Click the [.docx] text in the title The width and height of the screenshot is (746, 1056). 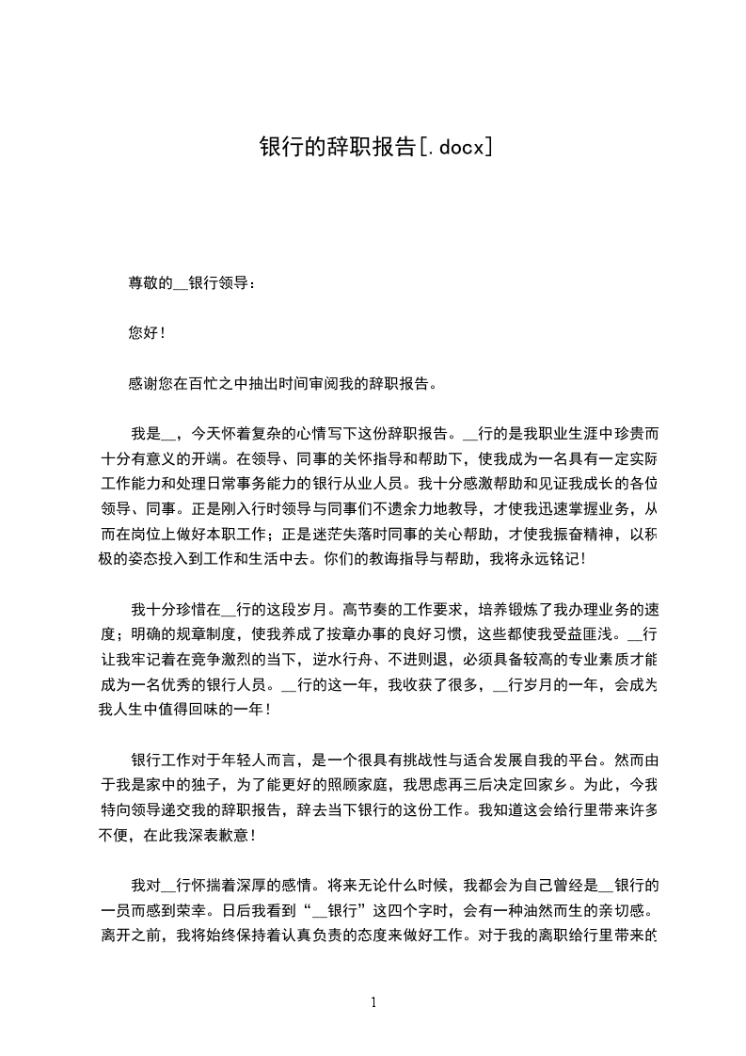click(454, 146)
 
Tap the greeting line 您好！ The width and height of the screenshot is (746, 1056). click(147, 332)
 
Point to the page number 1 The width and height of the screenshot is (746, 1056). click(373, 1002)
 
